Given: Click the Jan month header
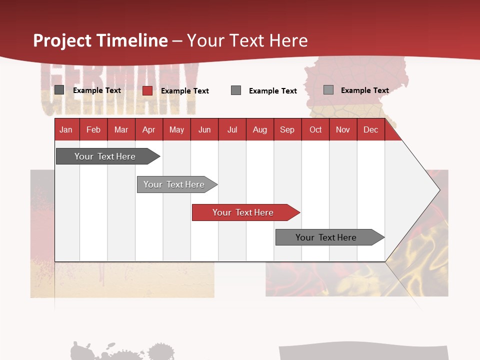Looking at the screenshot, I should (x=66, y=129).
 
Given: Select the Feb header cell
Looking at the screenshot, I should (x=93, y=129).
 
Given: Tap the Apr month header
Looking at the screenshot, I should (x=148, y=129).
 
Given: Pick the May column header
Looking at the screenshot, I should (x=176, y=129).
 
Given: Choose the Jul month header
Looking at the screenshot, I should (x=232, y=129).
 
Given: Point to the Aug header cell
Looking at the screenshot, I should (x=259, y=129).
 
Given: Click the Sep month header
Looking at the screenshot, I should (x=287, y=129).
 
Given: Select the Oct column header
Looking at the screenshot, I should (x=315, y=129).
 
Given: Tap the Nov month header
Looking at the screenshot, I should (x=342, y=129).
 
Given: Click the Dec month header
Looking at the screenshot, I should (x=370, y=129).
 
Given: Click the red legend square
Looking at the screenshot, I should (x=147, y=90).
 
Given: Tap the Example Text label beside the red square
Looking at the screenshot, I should (x=184, y=91).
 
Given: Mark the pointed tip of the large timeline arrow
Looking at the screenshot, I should (x=439, y=189).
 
